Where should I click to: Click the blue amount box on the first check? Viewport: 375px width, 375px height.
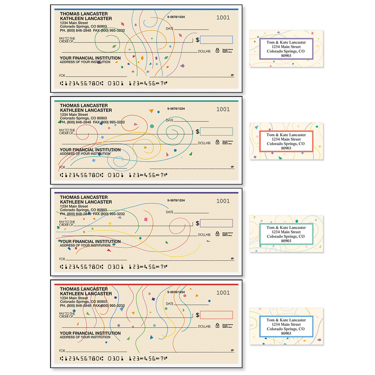216,40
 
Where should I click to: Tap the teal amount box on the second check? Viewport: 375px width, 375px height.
216,132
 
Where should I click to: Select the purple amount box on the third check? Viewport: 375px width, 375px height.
216,223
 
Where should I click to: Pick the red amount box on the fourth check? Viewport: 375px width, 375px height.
216,315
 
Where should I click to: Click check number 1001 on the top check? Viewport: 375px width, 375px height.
223,17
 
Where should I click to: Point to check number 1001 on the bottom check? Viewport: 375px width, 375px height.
223,293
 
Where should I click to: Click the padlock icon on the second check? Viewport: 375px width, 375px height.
217,142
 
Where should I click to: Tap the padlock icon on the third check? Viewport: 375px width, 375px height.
217,234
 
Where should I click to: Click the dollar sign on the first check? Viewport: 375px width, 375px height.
197,40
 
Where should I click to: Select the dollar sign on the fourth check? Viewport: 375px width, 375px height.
197,315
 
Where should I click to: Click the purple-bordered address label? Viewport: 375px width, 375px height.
286,49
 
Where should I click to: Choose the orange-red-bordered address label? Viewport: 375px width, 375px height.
286,141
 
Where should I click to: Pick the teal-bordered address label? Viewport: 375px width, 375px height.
286,234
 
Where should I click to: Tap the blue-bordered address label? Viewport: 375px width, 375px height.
286,326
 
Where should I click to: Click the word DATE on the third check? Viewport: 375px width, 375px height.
169,212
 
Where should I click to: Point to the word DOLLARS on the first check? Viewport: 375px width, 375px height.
204,51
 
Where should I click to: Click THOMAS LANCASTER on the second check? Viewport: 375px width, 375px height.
84,106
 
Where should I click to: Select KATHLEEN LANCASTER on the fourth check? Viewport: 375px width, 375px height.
86,294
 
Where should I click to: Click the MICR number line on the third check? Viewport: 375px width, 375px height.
113,267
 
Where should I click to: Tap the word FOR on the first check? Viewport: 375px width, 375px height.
62,76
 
